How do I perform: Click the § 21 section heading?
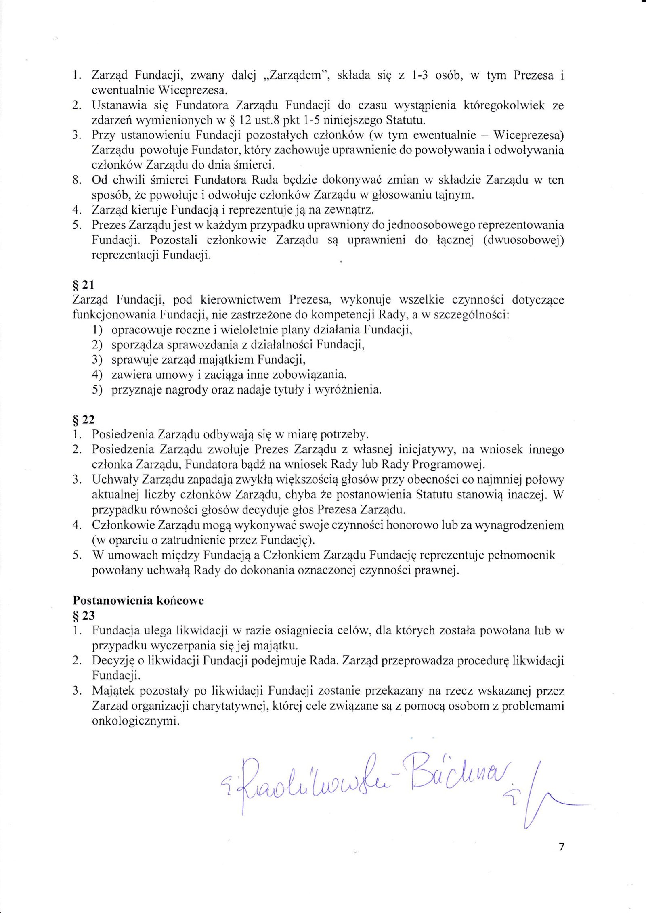click(83, 285)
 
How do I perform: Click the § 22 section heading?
click(83, 420)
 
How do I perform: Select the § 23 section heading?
click(83, 616)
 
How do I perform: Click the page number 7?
click(561, 846)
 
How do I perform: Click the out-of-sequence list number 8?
click(78, 180)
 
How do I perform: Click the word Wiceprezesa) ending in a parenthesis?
click(531, 135)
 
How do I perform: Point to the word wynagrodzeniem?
click(520, 525)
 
